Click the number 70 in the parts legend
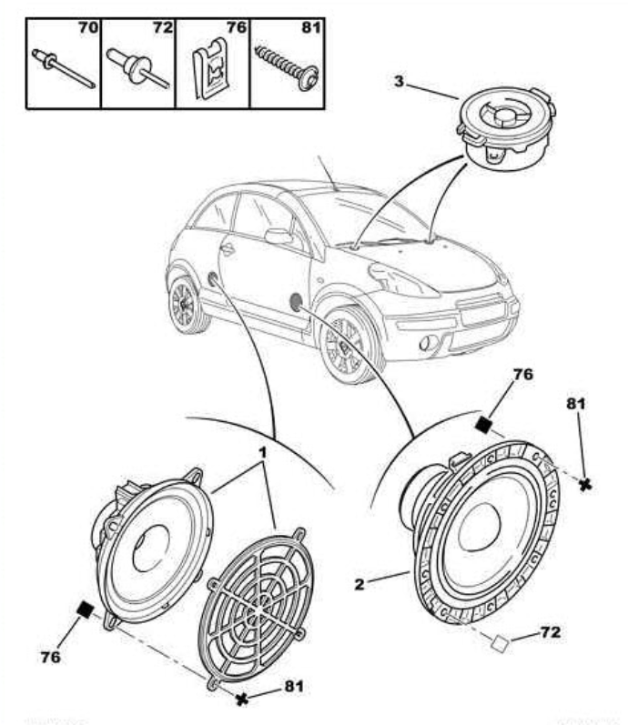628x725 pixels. pyautogui.click(x=87, y=28)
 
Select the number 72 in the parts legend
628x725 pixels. pyautogui.click(x=162, y=28)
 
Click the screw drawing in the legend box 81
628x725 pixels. pyautogui.click(x=286, y=63)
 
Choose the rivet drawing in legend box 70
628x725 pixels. pyautogui.click(x=63, y=69)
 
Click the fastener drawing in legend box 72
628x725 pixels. pyautogui.click(x=137, y=69)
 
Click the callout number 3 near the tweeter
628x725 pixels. pyautogui.click(x=399, y=81)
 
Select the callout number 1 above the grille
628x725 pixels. pyautogui.click(x=262, y=452)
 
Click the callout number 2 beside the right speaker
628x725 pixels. pyautogui.click(x=360, y=583)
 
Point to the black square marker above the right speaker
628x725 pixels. pyautogui.click(x=485, y=422)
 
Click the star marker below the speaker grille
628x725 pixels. pyautogui.click(x=242, y=699)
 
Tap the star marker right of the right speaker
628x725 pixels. pyautogui.click(x=585, y=485)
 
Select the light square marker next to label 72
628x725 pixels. pyautogui.click(x=499, y=644)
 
